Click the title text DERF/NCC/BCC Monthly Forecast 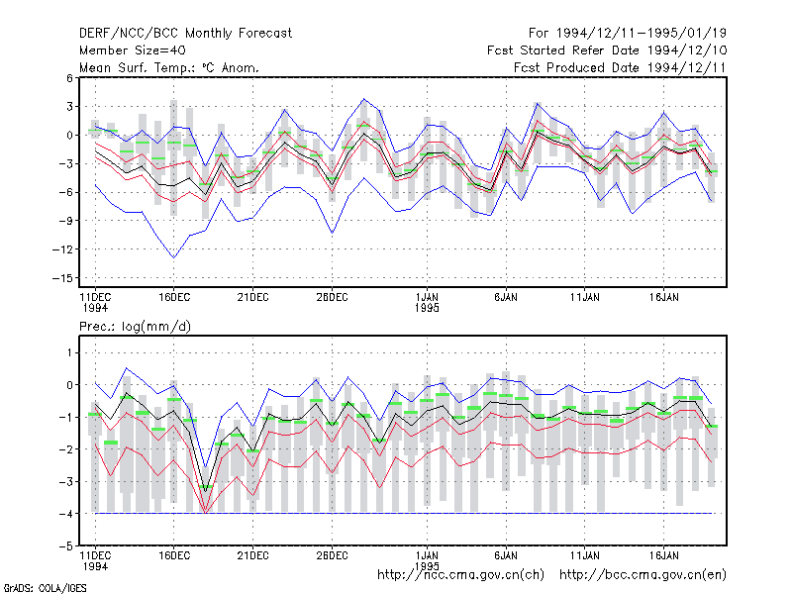pyautogui.click(x=185, y=34)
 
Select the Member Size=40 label pyautogui.click(x=133, y=50)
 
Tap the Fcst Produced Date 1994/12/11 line pyautogui.click(x=620, y=67)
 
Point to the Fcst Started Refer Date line pyautogui.click(x=607, y=50)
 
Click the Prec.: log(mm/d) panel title pyautogui.click(x=135, y=327)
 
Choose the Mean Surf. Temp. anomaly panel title pyautogui.click(x=169, y=67)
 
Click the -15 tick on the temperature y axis pyautogui.click(x=62, y=278)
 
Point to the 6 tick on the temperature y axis pyautogui.click(x=69, y=78)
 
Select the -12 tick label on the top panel pyautogui.click(x=62, y=249)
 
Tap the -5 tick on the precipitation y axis pyautogui.click(x=66, y=546)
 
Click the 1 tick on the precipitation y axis pyautogui.click(x=69, y=352)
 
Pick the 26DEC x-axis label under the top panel pyautogui.click(x=332, y=298)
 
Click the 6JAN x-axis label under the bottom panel pyautogui.click(x=506, y=555)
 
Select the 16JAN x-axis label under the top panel pyautogui.click(x=663, y=298)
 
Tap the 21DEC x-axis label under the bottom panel pyautogui.click(x=253, y=555)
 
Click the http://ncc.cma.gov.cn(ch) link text pyautogui.click(x=460, y=575)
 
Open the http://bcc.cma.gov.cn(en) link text pyautogui.click(x=643, y=575)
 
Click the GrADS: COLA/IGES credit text pyautogui.click(x=45, y=588)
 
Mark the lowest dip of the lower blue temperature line pyautogui.click(x=174, y=258)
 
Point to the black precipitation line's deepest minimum pyautogui.click(x=205, y=491)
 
